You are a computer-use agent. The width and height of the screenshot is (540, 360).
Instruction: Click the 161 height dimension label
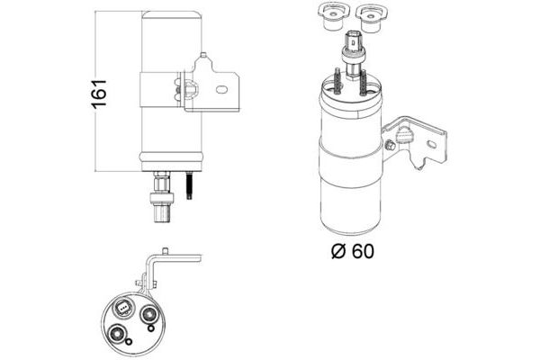(x=99, y=94)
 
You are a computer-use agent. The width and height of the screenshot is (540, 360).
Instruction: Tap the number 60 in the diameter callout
(x=363, y=251)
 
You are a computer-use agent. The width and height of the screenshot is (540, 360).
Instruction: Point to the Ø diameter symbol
(x=338, y=251)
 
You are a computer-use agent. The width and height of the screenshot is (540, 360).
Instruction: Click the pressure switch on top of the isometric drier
(x=352, y=52)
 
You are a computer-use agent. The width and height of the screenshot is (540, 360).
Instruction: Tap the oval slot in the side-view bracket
(x=221, y=90)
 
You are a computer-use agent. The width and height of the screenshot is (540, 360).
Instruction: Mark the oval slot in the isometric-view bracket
(x=431, y=144)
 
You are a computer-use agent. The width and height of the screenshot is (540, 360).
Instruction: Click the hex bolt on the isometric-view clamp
(x=391, y=146)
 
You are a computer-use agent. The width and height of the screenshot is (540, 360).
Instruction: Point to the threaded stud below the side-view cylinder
(x=189, y=185)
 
